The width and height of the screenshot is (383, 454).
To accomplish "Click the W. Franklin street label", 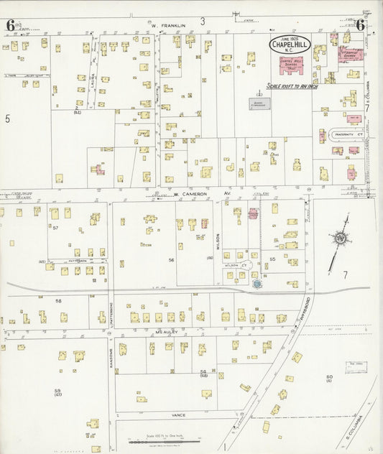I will (x=168, y=25).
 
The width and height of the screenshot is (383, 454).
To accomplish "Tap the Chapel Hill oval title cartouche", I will (x=290, y=45).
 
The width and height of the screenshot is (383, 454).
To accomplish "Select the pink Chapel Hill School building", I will (x=290, y=70).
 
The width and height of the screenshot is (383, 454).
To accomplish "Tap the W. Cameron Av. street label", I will (x=190, y=194).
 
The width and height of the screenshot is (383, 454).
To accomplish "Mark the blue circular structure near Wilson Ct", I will (x=256, y=284).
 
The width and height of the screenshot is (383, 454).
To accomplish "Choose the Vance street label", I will (x=179, y=414).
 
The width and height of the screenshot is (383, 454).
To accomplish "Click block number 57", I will (x=55, y=227).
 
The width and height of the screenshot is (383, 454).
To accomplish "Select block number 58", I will (x=59, y=301).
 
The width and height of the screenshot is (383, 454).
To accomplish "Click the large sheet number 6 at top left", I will (x=11, y=25).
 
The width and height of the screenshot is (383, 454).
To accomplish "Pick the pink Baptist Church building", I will (x=351, y=55).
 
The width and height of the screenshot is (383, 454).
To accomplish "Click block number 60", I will (x=329, y=377).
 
